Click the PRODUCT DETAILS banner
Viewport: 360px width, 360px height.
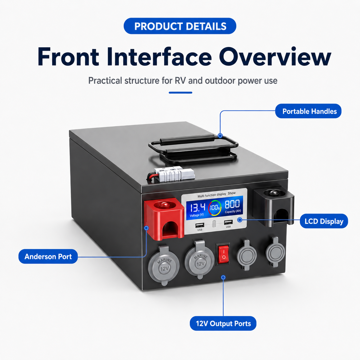click(x=180, y=26)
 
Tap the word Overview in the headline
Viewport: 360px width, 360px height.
click(x=275, y=57)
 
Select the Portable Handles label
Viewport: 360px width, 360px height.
click(x=308, y=111)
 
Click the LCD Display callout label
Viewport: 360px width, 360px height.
click(x=324, y=221)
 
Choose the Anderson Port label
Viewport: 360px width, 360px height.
click(x=48, y=256)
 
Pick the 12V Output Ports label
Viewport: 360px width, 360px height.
click(x=223, y=324)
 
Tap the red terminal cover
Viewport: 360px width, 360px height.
click(x=164, y=218)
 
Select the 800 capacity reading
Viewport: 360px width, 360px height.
click(x=232, y=204)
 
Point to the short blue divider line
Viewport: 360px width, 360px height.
click(x=180, y=92)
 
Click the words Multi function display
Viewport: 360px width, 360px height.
click(x=212, y=195)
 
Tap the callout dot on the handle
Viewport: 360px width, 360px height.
click(x=220, y=136)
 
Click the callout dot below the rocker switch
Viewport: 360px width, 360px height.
click(x=223, y=277)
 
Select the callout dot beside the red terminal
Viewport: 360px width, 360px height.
click(x=146, y=228)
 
